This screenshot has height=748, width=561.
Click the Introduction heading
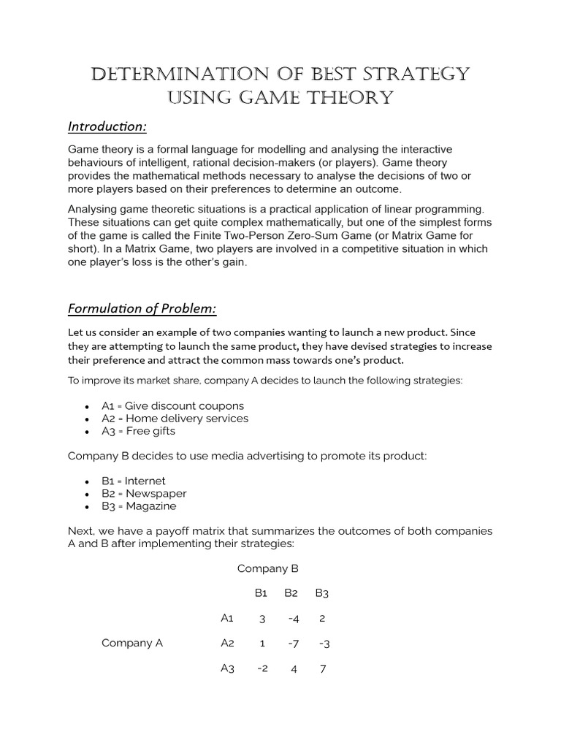point(107,127)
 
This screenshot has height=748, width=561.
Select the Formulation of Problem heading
point(142,309)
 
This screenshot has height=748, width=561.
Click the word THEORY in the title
point(346,97)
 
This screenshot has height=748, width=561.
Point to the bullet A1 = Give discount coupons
point(173,405)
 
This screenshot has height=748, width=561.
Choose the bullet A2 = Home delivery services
point(175,419)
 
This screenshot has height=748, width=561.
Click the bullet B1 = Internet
point(134,481)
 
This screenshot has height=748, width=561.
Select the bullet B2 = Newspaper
point(145,494)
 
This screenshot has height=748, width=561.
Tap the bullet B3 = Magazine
point(140,506)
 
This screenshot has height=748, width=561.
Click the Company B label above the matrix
point(268,568)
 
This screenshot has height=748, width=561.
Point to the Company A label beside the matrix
point(132,643)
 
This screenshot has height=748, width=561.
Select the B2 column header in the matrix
point(292,593)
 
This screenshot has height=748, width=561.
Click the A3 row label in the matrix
point(227,668)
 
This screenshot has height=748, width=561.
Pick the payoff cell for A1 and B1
point(262,619)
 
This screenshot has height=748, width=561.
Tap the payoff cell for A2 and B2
point(292,644)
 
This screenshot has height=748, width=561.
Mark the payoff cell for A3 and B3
point(322,668)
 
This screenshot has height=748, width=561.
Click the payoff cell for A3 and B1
point(262,668)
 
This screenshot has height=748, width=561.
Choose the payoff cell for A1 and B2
point(292,619)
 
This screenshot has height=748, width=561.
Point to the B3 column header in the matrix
point(322,593)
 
